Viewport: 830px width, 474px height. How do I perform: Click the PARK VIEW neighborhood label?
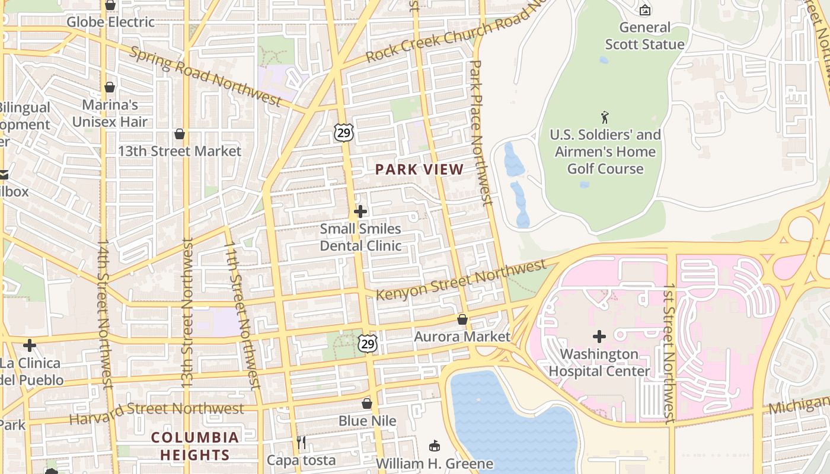[419, 169]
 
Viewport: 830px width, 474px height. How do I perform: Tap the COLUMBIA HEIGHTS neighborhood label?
[194, 446]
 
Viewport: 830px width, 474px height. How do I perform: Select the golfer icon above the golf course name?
[605, 117]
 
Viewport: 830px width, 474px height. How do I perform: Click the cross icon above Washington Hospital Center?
[599, 337]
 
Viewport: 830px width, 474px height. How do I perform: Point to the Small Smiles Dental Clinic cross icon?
[360, 212]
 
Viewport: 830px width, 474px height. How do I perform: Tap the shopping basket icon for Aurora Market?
[462, 319]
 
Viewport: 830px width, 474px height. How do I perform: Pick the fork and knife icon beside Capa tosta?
[301, 443]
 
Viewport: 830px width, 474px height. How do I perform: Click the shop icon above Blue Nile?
[367, 403]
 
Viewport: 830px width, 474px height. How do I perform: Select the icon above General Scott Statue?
[645, 9]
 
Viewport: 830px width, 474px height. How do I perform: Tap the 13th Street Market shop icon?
[180, 134]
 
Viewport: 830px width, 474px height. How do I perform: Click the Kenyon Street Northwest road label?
[461, 279]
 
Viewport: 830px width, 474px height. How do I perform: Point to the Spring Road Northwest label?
[205, 77]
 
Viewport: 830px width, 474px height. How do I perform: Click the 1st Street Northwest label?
[669, 353]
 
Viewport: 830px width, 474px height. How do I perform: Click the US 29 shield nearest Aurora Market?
[367, 343]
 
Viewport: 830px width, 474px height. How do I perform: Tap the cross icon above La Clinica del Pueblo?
[30, 345]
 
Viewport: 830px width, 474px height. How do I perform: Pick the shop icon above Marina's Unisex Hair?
[110, 87]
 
